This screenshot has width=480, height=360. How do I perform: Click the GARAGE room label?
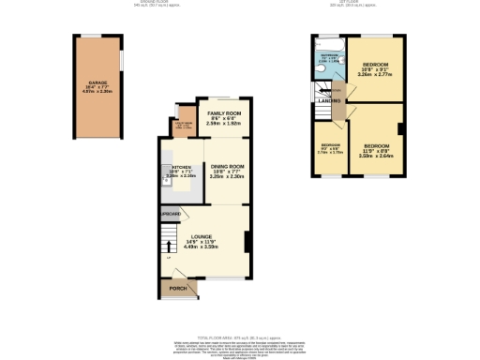pos(97,82)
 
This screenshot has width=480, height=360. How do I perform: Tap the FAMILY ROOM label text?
pos(225,112)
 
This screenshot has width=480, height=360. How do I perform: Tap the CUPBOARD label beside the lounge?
pos(170,215)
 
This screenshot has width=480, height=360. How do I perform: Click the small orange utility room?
pos(181,127)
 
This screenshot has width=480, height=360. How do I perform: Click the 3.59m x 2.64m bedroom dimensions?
pos(377,156)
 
